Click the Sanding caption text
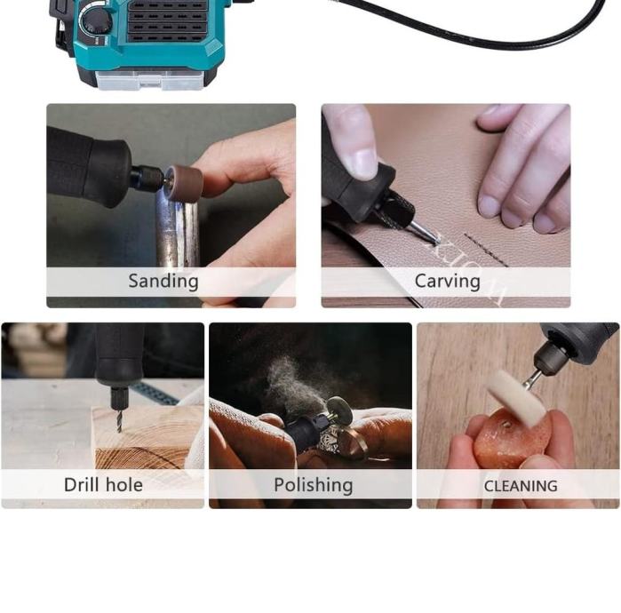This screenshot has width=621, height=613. (x=163, y=282)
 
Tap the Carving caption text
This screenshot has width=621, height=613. (x=448, y=282)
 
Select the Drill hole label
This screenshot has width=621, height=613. (x=103, y=485)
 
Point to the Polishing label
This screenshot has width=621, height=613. (x=314, y=485)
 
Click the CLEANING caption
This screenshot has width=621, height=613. (x=521, y=486)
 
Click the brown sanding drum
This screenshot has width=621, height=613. (x=184, y=184)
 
